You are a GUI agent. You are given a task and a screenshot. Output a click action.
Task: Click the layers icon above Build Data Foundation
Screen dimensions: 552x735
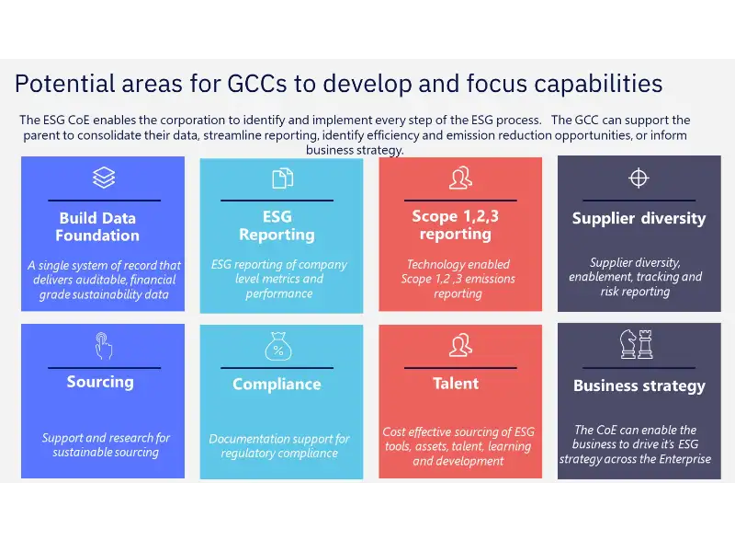(x=104, y=178)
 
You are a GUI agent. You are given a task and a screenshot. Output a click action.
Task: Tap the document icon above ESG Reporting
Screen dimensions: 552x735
(x=282, y=178)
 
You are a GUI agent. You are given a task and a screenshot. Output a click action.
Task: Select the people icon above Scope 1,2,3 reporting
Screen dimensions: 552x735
(x=460, y=177)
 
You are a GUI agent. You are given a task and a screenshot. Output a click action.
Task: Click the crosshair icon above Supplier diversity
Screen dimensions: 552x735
(x=639, y=178)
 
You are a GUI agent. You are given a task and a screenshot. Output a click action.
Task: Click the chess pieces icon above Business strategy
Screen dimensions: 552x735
(x=637, y=344)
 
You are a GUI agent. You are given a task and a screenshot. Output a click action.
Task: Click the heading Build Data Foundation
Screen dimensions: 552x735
(x=97, y=226)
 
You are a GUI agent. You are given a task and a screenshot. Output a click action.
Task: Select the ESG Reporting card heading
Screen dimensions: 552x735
(x=277, y=225)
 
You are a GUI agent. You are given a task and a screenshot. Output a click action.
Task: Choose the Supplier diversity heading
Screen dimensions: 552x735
(x=639, y=219)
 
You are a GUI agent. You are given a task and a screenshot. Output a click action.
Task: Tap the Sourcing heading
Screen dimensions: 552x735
(x=100, y=382)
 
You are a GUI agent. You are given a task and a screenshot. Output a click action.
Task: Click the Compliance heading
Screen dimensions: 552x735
(x=277, y=385)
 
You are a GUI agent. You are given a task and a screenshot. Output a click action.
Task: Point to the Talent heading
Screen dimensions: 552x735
(x=456, y=384)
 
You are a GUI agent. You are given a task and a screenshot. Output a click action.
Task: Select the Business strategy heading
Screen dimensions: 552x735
(x=639, y=386)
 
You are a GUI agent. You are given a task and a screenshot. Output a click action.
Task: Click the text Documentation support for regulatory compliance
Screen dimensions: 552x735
(x=279, y=446)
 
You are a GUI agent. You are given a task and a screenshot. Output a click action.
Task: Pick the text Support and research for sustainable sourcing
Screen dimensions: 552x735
(x=106, y=445)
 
